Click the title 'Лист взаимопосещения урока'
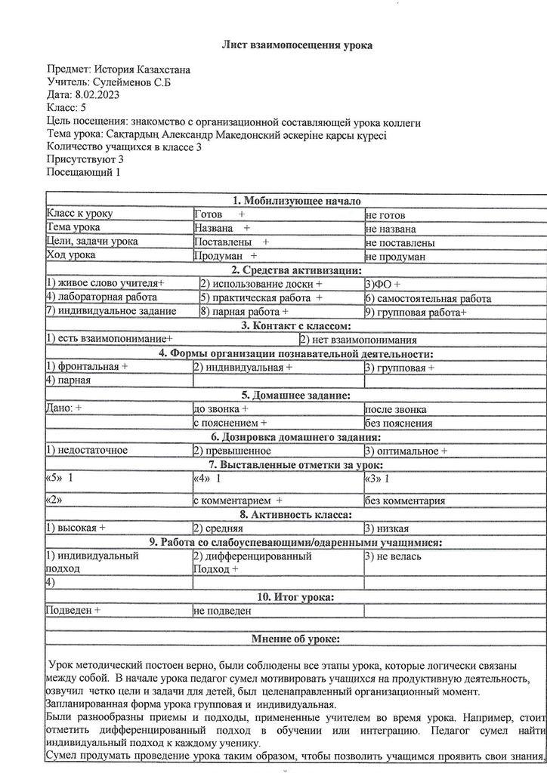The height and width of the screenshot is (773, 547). pyautogui.click(x=296, y=45)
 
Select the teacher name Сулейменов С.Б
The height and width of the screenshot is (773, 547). pyautogui.click(x=131, y=82)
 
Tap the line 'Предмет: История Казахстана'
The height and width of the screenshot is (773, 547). pyautogui.click(x=118, y=70)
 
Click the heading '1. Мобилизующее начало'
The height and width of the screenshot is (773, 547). pyautogui.click(x=297, y=201)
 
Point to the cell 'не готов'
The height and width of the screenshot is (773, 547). pyautogui.click(x=385, y=215)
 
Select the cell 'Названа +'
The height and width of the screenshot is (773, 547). pyautogui.click(x=222, y=229)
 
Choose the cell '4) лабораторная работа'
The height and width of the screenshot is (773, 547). pyautogui.click(x=101, y=297)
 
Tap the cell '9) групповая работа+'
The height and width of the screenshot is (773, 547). pyautogui.click(x=416, y=311)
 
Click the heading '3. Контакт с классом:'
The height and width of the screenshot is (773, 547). pyautogui.click(x=296, y=326)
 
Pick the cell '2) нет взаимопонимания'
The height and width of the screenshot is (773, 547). pyautogui.click(x=358, y=340)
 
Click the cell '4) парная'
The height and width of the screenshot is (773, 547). pyautogui.click(x=69, y=380)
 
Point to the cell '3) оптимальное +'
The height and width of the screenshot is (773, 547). pyautogui.click(x=406, y=451)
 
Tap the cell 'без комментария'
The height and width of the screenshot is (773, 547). pyautogui.click(x=405, y=500)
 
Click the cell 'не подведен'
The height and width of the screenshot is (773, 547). pyautogui.click(x=222, y=611)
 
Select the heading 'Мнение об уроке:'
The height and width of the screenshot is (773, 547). pyautogui.click(x=295, y=639)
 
